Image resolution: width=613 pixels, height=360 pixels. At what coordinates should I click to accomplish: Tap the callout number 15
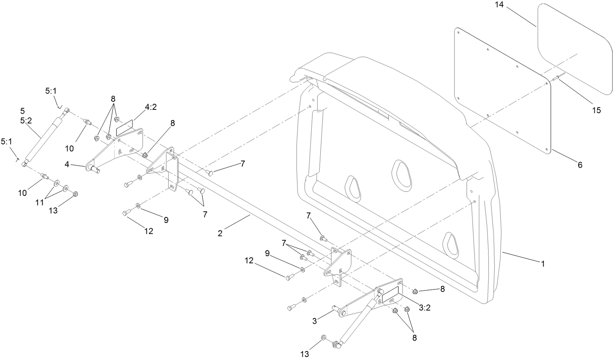coord(596,110)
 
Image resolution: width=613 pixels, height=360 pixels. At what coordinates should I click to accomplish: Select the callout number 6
coord(580,164)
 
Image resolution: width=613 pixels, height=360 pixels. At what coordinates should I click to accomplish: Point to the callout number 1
coord(543,264)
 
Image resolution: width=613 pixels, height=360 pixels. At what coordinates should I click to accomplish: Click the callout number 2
coord(220,233)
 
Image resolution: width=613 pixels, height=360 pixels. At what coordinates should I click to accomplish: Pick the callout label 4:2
coord(150,107)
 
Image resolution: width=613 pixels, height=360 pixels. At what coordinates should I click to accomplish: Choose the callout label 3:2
coord(425,308)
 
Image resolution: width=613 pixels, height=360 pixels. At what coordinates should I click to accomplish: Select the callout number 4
coord(67,164)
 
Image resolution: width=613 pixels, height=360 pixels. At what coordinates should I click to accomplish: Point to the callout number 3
coord(315,321)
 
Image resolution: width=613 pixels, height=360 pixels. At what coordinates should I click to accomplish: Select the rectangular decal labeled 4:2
coord(125,127)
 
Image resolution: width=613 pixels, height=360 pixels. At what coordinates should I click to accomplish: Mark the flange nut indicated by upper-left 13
coord(74,194)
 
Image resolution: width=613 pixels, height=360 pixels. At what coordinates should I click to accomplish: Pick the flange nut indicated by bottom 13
coord(324,338)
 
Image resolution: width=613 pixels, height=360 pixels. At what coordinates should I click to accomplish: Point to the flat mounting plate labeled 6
coord(500,93)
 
